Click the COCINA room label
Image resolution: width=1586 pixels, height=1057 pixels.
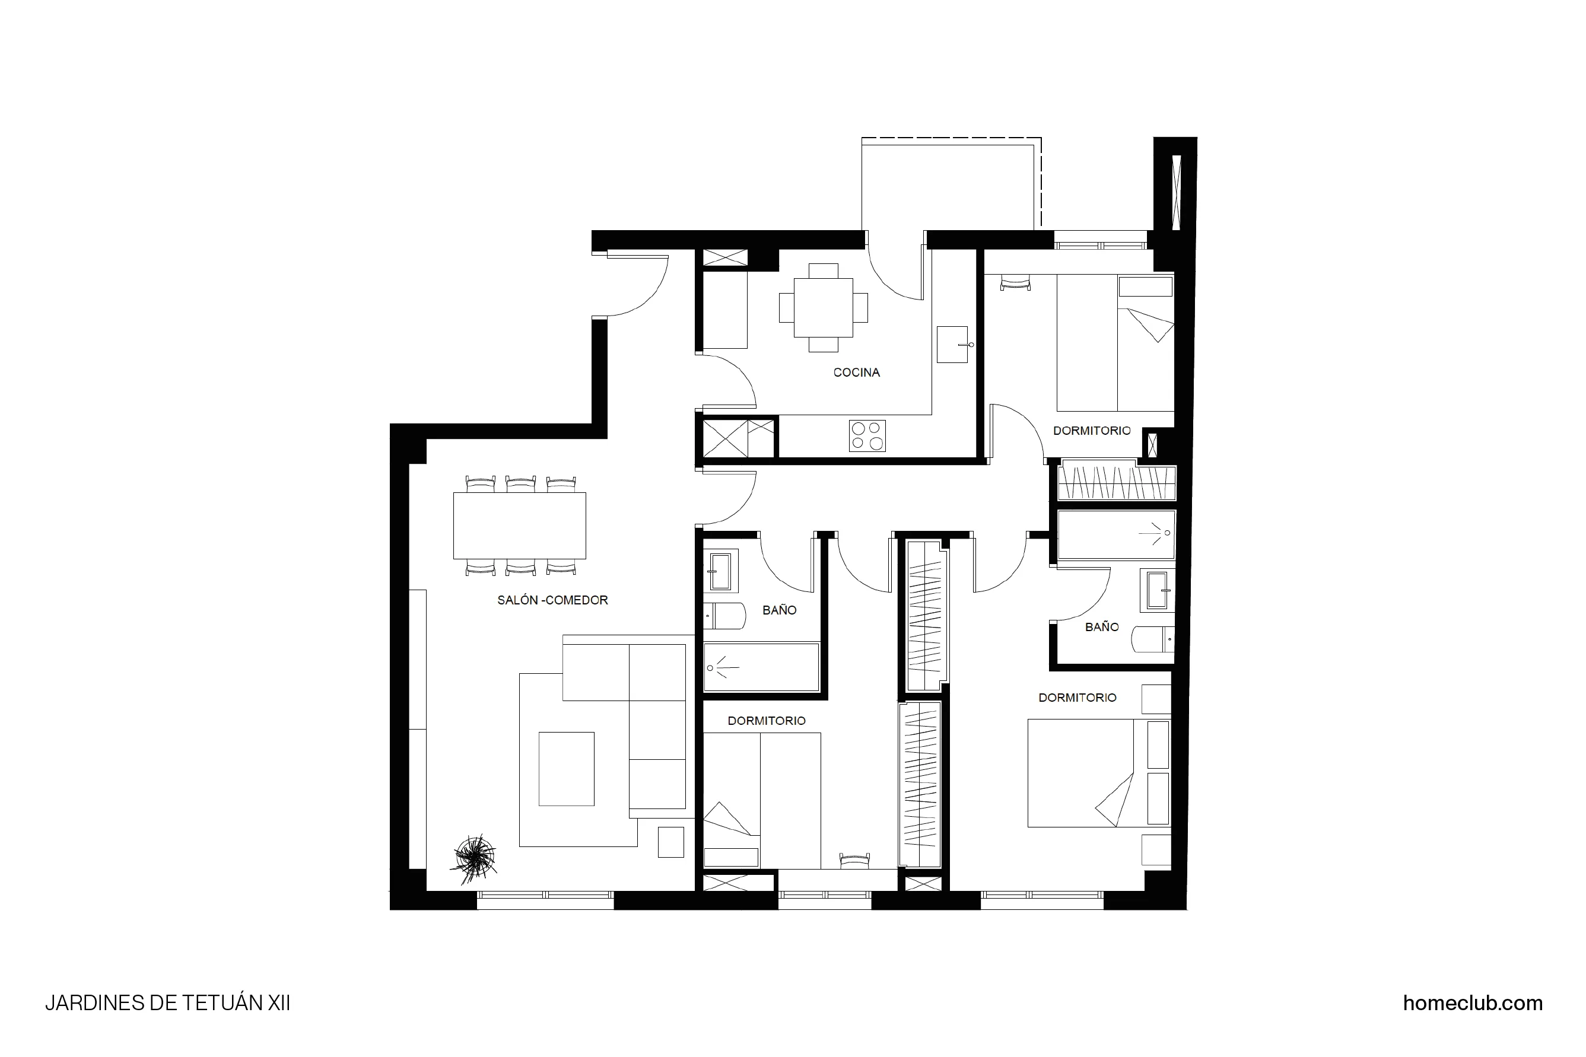856,372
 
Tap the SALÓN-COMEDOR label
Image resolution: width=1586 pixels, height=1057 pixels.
552,600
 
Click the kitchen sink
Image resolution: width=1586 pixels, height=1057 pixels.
952,345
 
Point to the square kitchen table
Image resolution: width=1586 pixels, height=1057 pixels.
824,307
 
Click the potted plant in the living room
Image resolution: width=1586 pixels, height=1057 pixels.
476,858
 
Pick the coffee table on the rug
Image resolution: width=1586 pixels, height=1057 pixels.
567,769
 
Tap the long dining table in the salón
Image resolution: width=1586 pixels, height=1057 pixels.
519,526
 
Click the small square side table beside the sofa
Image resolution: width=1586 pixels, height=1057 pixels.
670,842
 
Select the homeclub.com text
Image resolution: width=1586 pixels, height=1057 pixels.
1473,1003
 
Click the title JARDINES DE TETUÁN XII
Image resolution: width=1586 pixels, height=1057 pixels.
167,1003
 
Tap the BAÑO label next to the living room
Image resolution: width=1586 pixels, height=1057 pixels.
780,610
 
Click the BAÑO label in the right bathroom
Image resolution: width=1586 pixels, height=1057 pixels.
1102,627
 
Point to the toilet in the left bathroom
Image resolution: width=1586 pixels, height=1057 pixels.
724,616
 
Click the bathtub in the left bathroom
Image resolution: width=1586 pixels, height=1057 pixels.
761,667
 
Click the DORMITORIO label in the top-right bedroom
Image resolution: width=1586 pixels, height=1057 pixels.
1092,431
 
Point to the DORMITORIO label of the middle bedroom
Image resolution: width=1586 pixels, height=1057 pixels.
767,721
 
